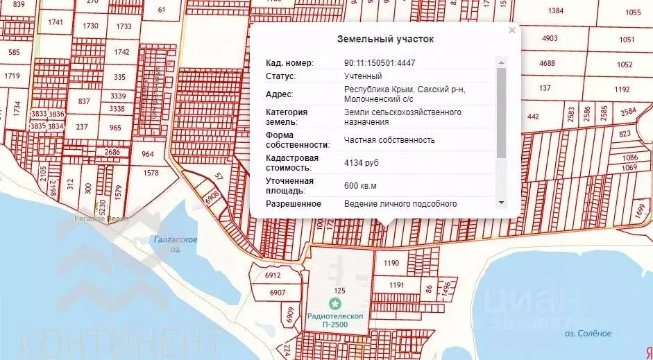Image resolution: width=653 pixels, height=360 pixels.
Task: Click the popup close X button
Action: pos(512,31)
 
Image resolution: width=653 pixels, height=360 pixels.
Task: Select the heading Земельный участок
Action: pos(385,39)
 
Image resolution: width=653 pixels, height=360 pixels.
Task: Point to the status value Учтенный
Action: pos(363,76)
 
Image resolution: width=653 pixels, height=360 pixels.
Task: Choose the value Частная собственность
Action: pos(389,140)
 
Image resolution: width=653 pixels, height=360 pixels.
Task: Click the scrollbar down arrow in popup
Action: pos(501,202)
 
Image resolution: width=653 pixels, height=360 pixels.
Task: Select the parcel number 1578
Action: pos(150,172)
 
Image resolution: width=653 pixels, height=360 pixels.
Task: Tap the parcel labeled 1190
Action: pos(391,263)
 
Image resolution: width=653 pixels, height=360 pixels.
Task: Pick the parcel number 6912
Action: pos(273,275)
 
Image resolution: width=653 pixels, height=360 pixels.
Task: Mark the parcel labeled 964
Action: pos(148,154)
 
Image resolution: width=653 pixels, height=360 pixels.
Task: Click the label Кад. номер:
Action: pos(290,63)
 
